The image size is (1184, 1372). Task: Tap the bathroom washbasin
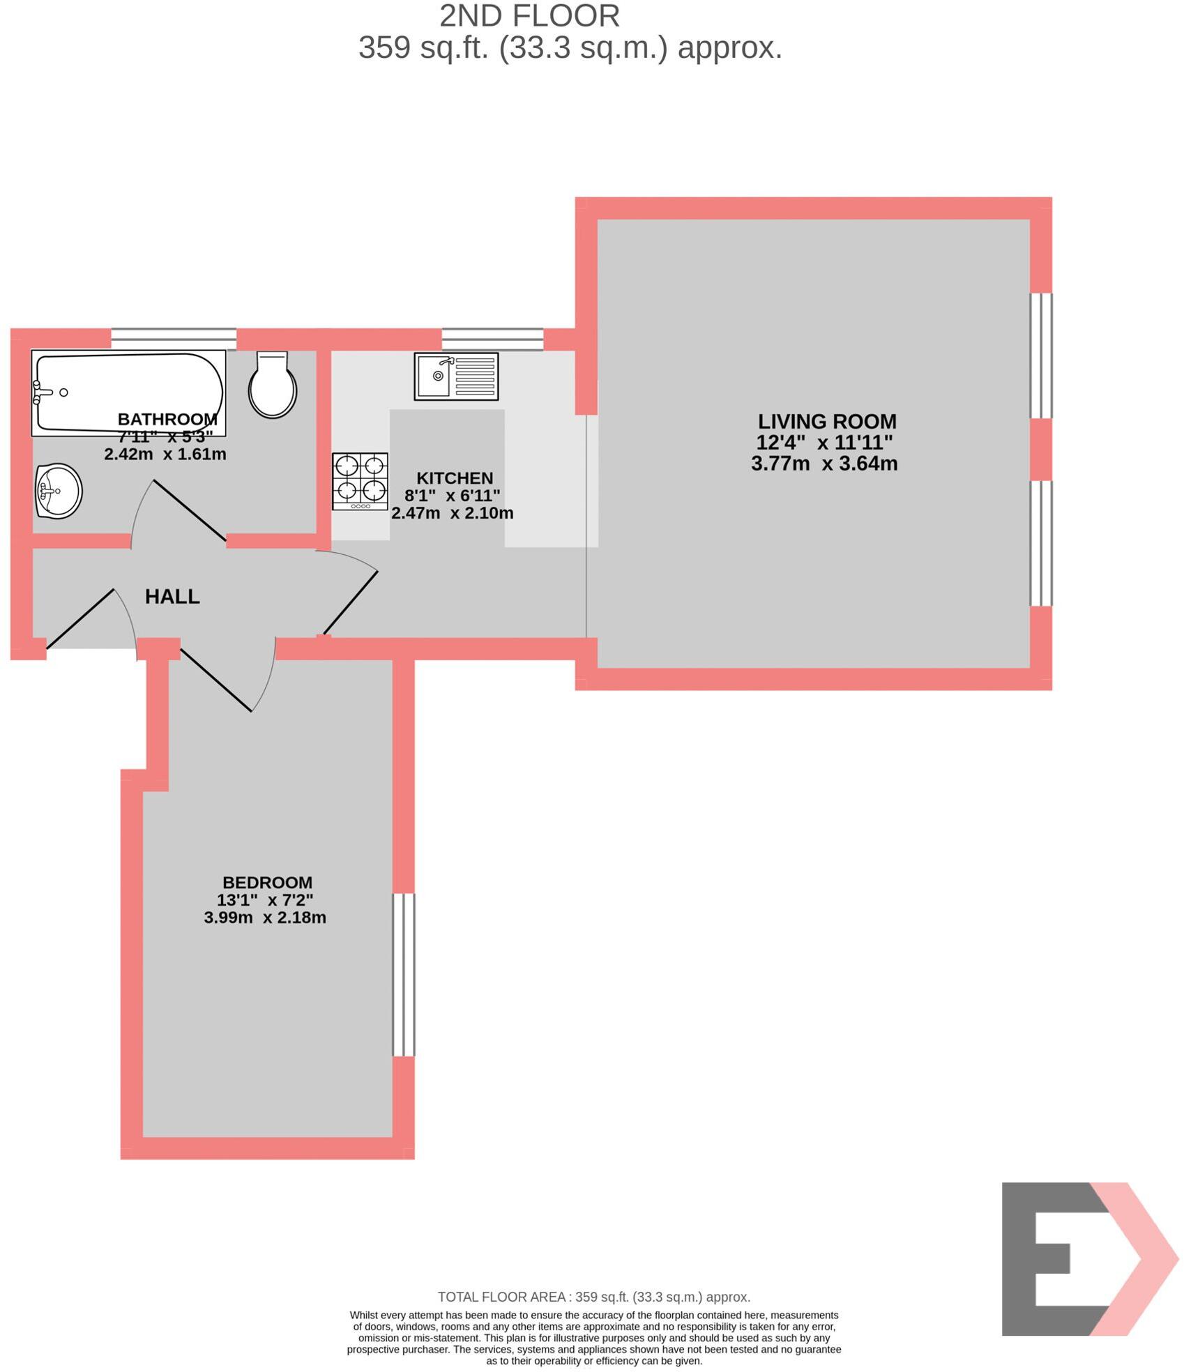(x=59, y=491)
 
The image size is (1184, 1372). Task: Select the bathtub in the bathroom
(x=129, y=392)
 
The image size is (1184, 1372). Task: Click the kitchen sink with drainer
(x=456, y=376)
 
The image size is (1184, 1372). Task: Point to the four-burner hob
(x=360, y=481)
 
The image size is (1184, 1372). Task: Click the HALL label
(x=172, y=596)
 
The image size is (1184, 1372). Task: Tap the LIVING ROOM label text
(x=827, y=421)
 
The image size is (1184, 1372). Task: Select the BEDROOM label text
(x=267, y=882)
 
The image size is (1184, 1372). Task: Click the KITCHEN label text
(x=455, y=478)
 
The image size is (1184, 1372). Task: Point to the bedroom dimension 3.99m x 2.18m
(x=265, y=917)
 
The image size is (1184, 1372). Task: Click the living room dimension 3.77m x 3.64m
(x=824, y=464)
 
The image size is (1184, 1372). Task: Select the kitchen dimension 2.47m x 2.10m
(x=453, y=513)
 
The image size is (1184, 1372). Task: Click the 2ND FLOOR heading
(x=530, y=16)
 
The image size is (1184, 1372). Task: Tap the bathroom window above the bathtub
(x=174, y=338)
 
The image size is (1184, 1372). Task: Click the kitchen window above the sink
(x=492, y=339)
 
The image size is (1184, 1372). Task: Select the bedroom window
(x=404, y=975)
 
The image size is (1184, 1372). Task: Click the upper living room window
(x=1041, y=356)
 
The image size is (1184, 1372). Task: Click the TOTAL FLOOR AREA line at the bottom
(x=594, y=1297)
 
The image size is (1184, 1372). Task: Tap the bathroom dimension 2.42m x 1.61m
(x=165, y=455)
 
